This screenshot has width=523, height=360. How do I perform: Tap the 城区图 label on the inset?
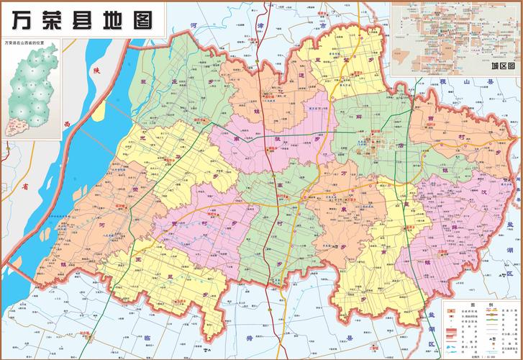[x=503, y=67]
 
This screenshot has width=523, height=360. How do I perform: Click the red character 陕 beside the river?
[x=94, y=71]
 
